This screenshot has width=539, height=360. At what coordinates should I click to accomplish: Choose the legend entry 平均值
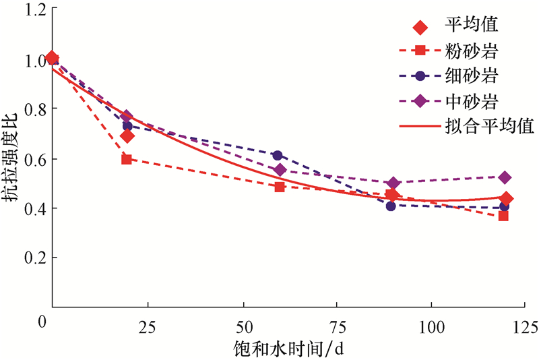(x=462, y=26)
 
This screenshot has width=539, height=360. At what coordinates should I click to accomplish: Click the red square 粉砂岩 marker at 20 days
(x=126, y=159)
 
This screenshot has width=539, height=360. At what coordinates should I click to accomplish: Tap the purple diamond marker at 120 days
(x=504, y=177)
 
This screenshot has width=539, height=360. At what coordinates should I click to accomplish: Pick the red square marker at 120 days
(x=503, y=216)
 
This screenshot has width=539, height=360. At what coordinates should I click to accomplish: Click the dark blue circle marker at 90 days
(x=391, y=206)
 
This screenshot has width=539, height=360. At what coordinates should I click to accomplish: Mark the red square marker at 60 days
(x=280, y=187)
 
